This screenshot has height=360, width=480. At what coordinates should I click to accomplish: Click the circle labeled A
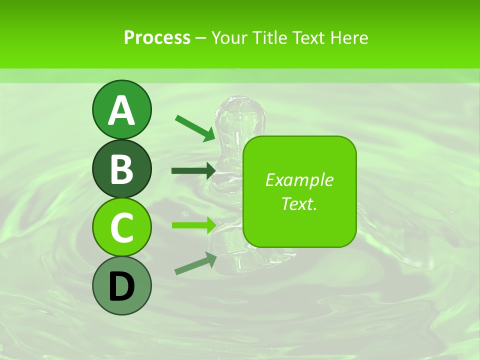(121, 109)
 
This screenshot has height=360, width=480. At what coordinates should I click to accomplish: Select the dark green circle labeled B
(121, 169)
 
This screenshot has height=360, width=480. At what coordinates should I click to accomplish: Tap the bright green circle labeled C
(121, 227)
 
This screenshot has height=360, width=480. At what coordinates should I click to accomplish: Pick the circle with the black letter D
(121, 286)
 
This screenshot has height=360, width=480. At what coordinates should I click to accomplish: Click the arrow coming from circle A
(194, 128)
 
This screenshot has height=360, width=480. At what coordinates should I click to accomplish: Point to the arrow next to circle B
(193, 171)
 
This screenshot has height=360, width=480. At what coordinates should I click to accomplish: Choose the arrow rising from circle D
(195, 264)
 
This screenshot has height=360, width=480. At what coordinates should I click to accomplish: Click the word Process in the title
(157, 37)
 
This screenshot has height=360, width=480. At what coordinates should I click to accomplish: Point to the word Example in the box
(299, 180)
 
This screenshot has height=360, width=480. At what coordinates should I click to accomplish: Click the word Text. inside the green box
(299, 203)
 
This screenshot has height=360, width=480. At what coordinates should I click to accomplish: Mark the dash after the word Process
(200, 38)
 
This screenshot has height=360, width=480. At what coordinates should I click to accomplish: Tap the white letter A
(121, 110)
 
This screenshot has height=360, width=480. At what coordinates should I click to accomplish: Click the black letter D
(121, 287)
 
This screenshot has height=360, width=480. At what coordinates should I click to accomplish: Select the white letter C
(121, 228)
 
